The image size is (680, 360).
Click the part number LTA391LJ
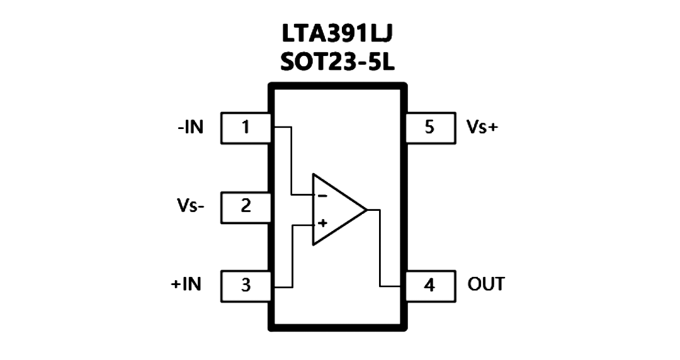point(337,34)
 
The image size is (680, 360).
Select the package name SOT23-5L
point(337,63)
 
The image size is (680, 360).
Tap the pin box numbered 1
point(246,128)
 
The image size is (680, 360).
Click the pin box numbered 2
point(246,208)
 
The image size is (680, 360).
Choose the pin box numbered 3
point(246,286)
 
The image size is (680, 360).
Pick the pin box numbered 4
point(430,286)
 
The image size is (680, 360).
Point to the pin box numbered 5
point(430,128)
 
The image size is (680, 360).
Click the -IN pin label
point(190,128)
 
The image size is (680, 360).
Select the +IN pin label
point(186,284)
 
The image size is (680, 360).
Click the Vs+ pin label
point(482,127)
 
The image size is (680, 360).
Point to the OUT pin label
point(486,284)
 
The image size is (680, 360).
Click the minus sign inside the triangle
point(322,196)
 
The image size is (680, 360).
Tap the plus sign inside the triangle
point(322,223)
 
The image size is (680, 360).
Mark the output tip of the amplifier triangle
point(367,210)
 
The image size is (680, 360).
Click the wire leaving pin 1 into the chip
point(292,160)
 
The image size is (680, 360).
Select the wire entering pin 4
point(380,248)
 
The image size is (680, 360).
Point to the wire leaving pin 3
point(293,256)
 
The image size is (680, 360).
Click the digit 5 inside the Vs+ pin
point(429,127)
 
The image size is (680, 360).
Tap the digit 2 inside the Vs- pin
point(246,206)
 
